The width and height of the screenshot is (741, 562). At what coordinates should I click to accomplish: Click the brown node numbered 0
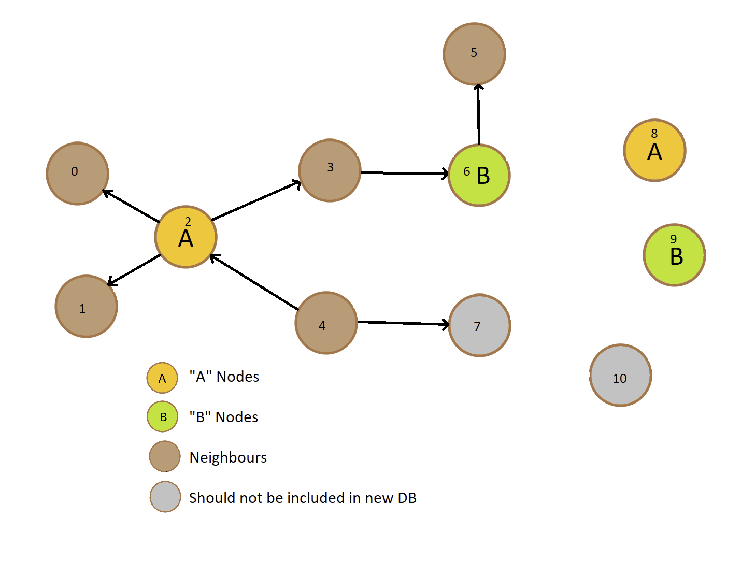(77, 174)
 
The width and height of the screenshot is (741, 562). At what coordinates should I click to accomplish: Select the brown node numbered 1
(86, 307)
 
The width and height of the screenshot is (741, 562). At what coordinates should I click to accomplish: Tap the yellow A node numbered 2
(186, 237)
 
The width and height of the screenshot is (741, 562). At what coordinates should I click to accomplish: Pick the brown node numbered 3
(330, 170)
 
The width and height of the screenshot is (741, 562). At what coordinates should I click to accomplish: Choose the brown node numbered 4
(326, 323)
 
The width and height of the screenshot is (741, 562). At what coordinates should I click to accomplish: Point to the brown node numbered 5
(474, 54)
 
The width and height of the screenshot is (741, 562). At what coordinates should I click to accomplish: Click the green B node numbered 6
(479, 175)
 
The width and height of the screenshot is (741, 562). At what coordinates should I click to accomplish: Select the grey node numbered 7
(479, 326)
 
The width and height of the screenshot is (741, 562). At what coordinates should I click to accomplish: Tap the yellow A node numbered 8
(654, 151)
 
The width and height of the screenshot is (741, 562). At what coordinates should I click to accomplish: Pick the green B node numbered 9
(674, 255)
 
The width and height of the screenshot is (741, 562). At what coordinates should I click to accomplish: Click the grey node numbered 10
(620, 376)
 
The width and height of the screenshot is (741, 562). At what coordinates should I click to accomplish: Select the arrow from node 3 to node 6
(404, 173)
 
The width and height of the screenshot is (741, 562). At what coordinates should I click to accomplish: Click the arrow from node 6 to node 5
(478, 114)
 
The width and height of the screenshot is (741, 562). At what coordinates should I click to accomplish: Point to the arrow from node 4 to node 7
(403, 323)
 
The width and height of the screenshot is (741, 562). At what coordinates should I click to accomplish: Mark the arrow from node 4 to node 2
(254, 282)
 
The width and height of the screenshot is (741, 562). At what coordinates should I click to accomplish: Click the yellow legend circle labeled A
(162, 378)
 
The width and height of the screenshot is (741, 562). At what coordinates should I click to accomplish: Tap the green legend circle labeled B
(163, 416)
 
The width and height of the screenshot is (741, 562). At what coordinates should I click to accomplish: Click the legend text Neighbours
(228, 457)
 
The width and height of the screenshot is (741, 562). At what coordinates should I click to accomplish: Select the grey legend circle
(165, 497)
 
